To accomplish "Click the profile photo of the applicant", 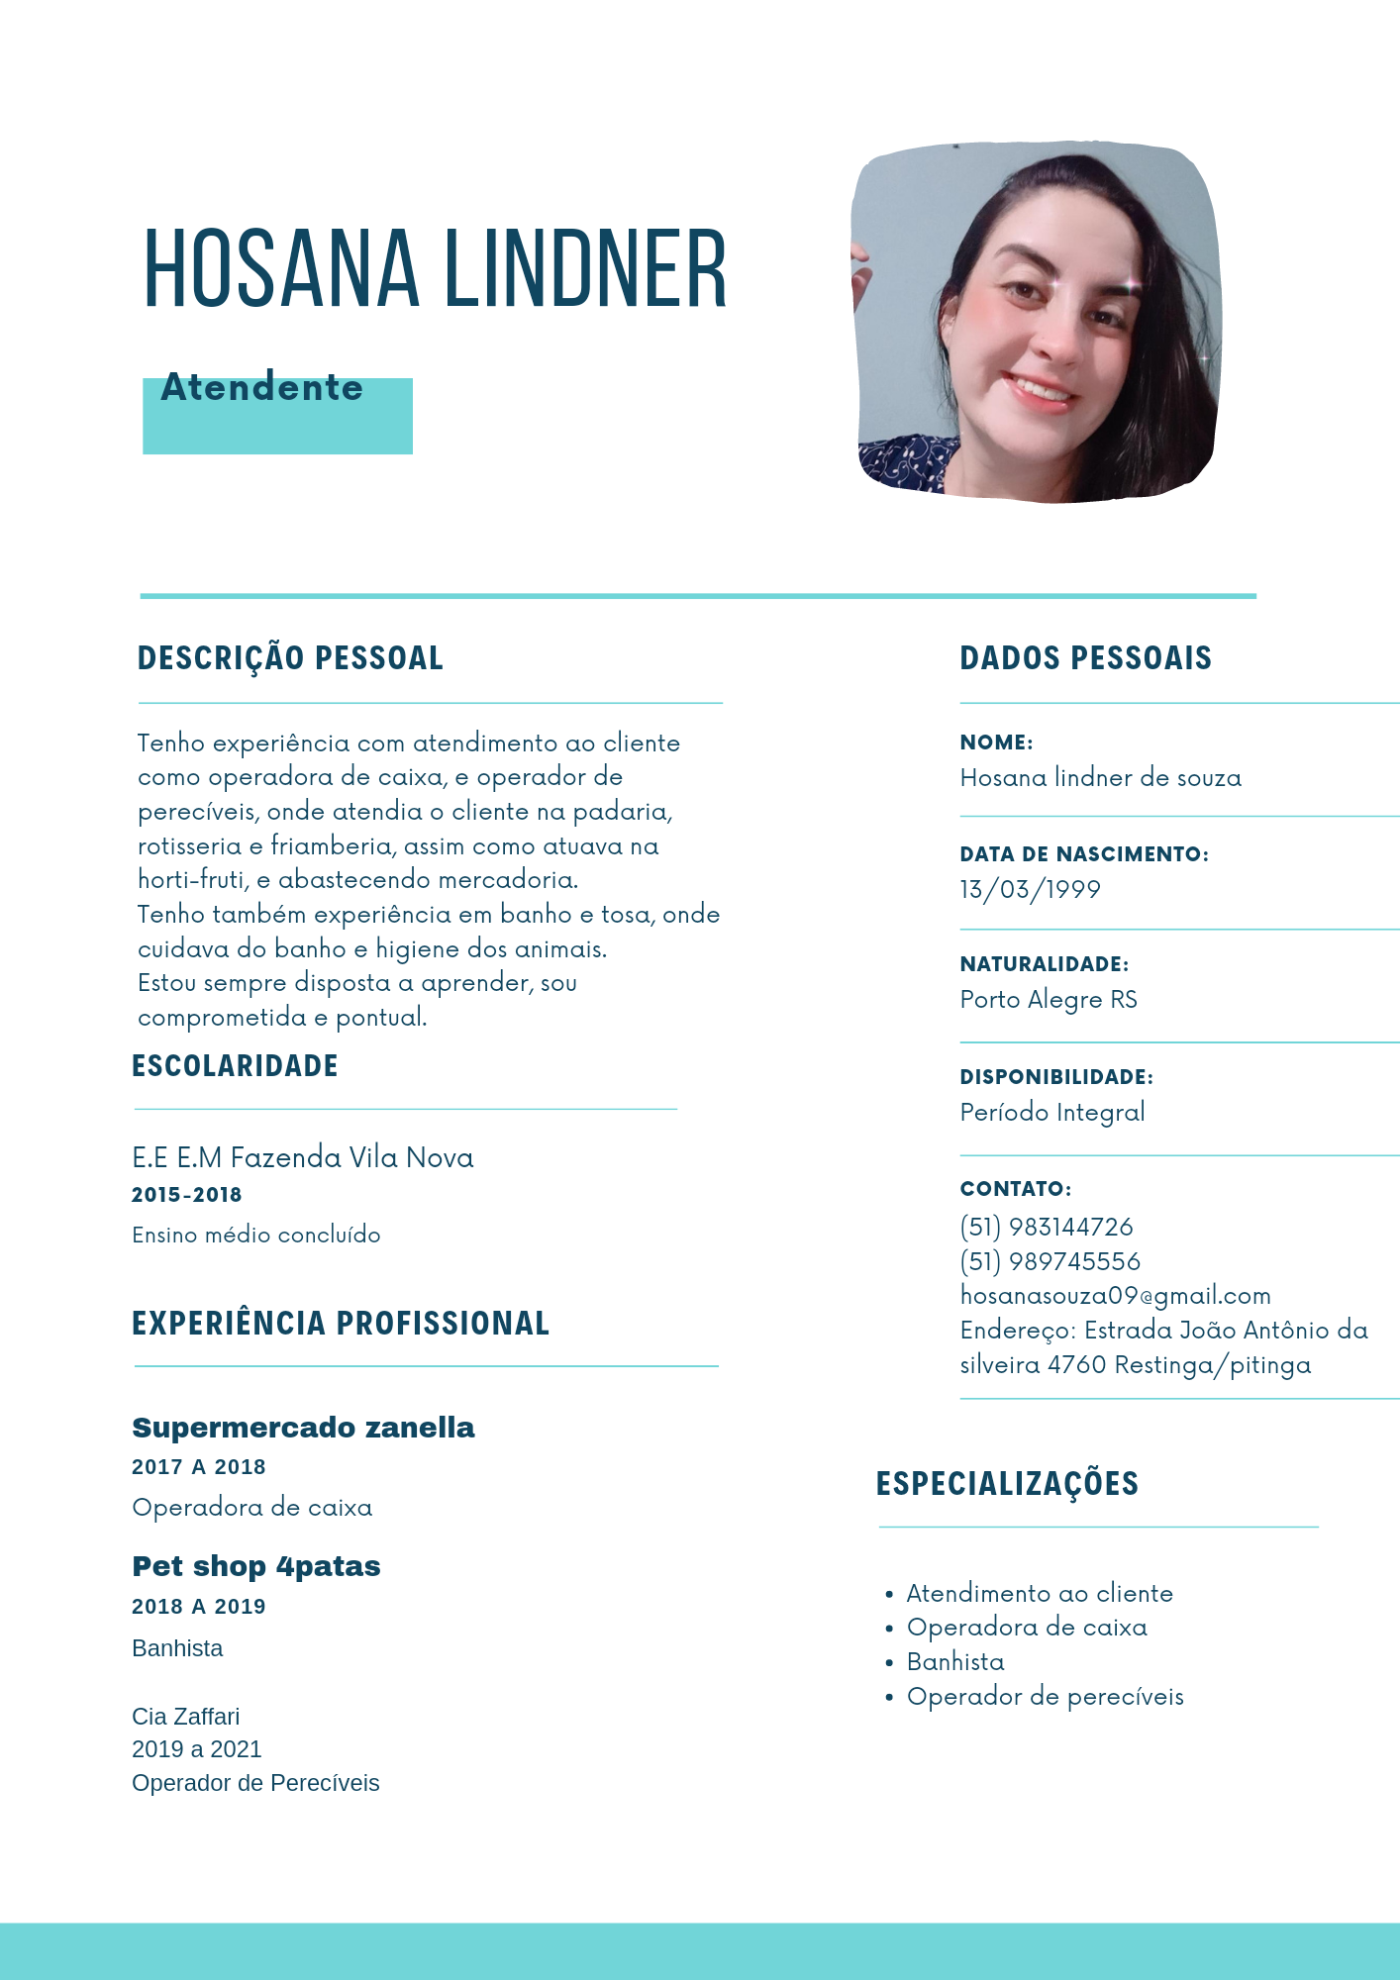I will [1036, 322].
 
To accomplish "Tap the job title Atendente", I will [262, 388].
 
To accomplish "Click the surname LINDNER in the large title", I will [585, 269].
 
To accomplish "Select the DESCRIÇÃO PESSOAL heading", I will [290, 658].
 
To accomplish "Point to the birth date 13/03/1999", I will [1030, 889].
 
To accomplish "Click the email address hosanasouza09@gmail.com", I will [1115, 1295].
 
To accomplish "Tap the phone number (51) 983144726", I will [1047, 1227].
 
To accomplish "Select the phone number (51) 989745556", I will [1050, 1261].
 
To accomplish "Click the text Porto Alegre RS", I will [1049, 999].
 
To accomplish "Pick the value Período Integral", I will [1052, 1112].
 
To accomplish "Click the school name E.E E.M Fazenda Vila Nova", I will [303, 1157].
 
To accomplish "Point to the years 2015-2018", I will [187, 1195].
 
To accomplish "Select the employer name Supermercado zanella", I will [303, 1428].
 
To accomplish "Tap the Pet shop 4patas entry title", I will [256, 1566].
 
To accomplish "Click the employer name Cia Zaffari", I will [186, 1717].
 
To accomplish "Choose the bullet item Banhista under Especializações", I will [955, 1661].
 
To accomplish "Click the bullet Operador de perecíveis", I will [1045, 1696].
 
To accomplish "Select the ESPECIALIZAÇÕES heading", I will [1007, 1483].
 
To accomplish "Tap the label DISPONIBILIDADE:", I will [1056, 1077].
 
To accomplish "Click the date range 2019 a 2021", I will [197, 1749].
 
